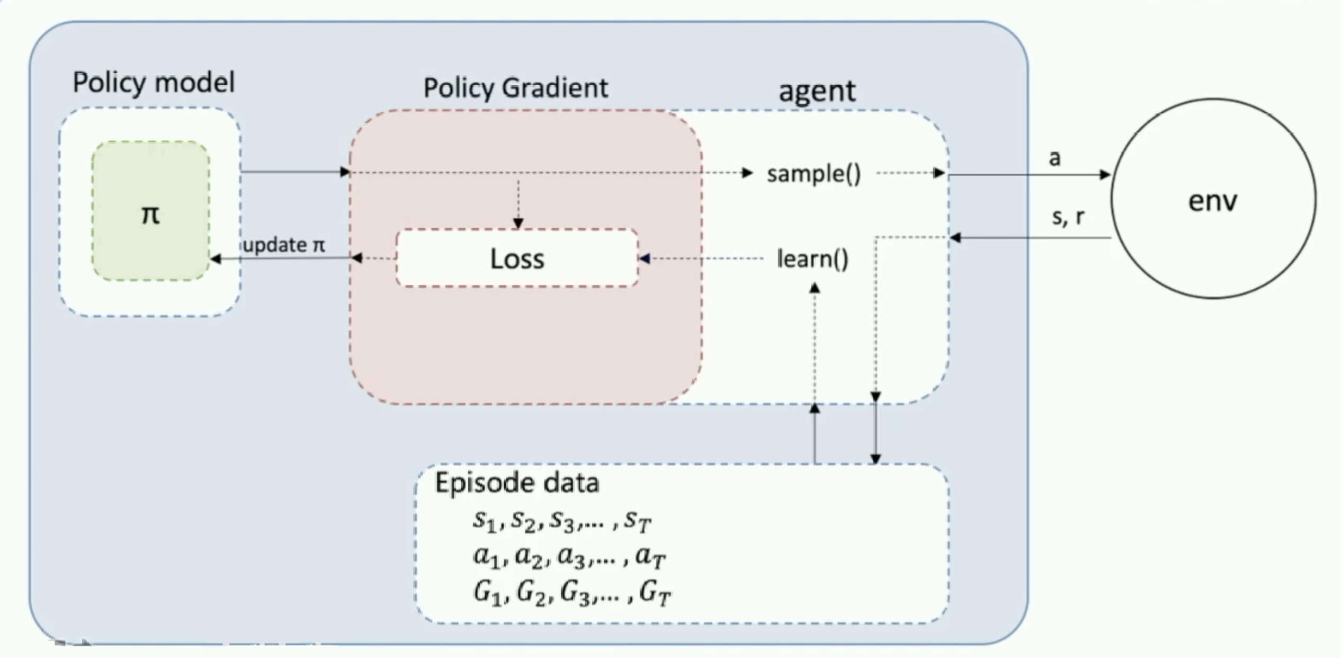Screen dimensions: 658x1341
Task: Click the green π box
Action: [x=150, y=210]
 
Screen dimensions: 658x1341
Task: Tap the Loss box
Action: [x=517, y=259]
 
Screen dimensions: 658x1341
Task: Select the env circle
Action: [x=1213, y=199]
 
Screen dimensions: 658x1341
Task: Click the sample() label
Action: [x=814, y=174]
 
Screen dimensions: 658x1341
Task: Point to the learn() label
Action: [x=812, y=259]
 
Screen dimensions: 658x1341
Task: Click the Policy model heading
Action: [x=154, y=83]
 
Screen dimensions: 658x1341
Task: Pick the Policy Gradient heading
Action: [x=515, y=88]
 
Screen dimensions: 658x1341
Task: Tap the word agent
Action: [x=817, y=91]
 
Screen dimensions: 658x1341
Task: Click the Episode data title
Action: [x=517, y=483]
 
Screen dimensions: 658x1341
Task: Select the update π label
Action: [x=284, y=245]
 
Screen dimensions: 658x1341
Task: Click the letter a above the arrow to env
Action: [x=1054, y=158]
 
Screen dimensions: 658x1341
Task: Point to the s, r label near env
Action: [x=1068, y=216]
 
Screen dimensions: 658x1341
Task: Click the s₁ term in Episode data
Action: [x=485, y=520]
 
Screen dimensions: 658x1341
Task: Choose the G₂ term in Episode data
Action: [x=531, y=592]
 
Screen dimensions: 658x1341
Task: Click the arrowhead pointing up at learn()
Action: [x=815, y=288]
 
